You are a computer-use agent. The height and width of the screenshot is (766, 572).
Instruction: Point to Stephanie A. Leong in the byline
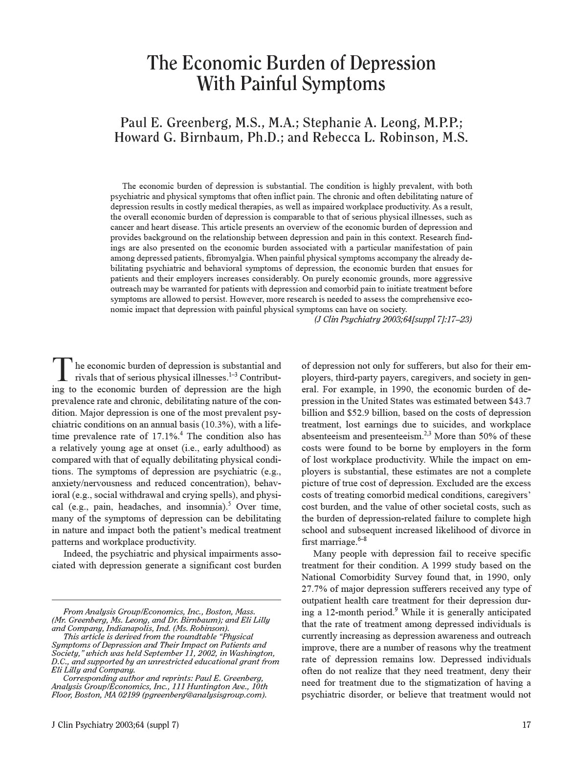coord(365,122)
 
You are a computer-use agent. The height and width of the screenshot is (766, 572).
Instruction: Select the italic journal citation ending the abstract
coord(393,319)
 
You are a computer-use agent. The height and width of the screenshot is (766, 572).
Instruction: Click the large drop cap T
coord(62,370)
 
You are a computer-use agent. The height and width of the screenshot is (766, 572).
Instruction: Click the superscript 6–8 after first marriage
coord(362,539)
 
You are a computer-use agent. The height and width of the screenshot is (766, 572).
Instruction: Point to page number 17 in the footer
coord(526,725)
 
